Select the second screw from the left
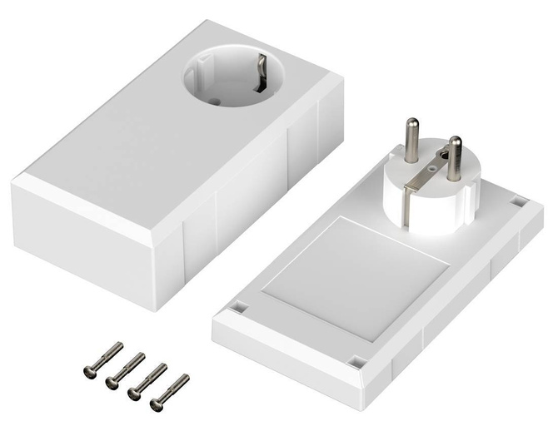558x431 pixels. [x=112, y=382]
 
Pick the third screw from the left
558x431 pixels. [x=133, y=394]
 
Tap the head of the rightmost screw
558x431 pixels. [x=156, y=404]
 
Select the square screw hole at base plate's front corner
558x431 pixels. [x=356, y=363]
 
